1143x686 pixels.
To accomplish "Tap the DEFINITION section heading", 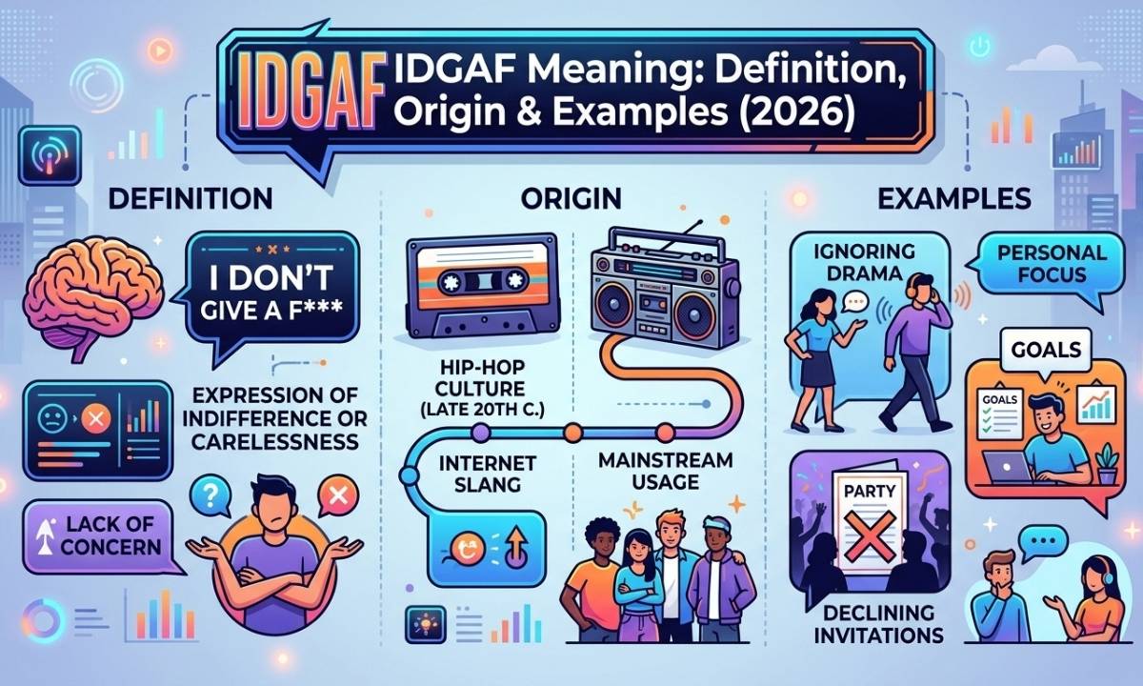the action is click(190, 198).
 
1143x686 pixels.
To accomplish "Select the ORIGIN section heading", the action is click(571, 198).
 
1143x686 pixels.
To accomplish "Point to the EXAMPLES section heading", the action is click(954, 198).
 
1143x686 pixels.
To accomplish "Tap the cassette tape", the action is click(482, 286).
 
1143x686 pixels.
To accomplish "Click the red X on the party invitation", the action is click(870, 535).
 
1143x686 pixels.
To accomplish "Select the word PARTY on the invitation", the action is click(870, 491).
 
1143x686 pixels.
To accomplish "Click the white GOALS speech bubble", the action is click(1046, 351).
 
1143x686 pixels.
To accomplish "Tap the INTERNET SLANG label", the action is click(488, 474).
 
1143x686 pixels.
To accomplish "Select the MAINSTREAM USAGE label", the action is click(666, 471).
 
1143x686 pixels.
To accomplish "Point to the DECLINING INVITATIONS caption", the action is click(877, 624).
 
